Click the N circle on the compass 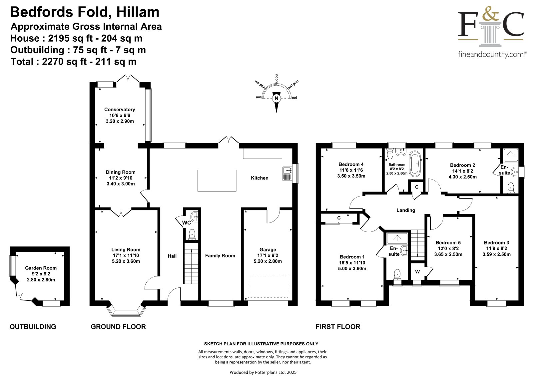coord(276,98)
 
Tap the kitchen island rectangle coord(217,181)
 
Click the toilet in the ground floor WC coord(192,234)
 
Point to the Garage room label coord(268,249)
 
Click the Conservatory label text coord(120,109)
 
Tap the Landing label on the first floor coord(406,210)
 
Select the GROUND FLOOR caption coord(118,326)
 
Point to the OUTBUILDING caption coord(33,326)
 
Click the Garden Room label coord(41,268)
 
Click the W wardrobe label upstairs coord(417,272)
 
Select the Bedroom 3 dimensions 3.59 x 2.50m coord(496,254)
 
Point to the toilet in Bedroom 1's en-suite coord(397,274)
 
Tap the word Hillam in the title coord(138,12)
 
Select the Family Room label coord(220,256)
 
